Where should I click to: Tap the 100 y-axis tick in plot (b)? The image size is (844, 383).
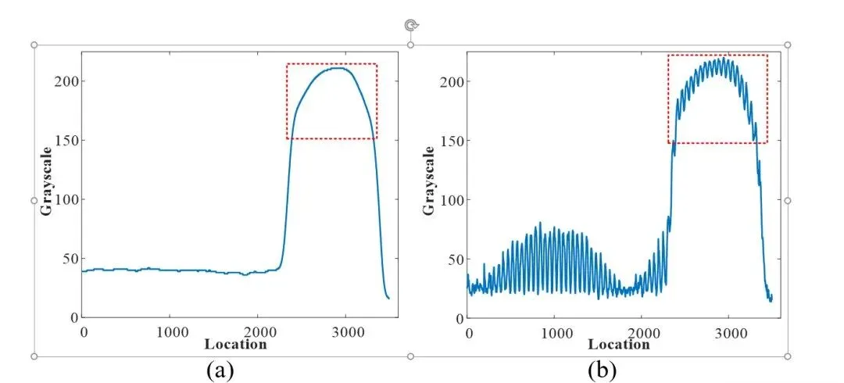tap(451, 200)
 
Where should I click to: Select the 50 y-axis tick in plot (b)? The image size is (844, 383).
tap(454, 259)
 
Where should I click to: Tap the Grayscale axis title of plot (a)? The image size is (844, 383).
tap(47, 181)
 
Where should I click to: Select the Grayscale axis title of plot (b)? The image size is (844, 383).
tap(429, 181)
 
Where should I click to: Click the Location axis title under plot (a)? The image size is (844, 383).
tap(236, 344)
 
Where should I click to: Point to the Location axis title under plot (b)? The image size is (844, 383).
tap(618, 344)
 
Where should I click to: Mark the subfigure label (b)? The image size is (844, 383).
tap(603, 370)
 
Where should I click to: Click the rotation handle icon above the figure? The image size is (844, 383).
tap(411, 25)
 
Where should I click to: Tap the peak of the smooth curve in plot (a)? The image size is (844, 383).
tap(338, 68)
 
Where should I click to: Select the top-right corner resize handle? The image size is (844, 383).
tap(788, 45)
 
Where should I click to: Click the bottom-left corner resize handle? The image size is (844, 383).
tap(35, 356)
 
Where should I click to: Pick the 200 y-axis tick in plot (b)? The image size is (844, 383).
tap(451, 81)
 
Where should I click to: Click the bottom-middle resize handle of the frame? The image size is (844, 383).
tap(411, 356)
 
